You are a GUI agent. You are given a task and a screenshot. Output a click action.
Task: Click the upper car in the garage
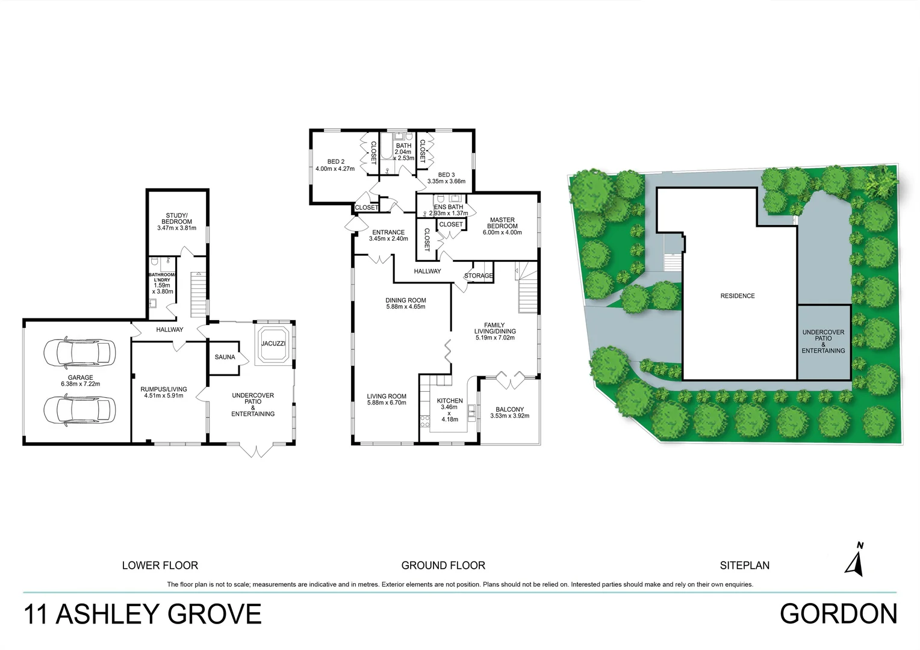[79, 353]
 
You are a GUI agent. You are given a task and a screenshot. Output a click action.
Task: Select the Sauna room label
[225, 357]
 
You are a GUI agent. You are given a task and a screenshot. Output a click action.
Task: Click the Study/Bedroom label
[176, 219]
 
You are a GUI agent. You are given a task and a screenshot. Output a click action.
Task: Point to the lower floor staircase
[199, 294]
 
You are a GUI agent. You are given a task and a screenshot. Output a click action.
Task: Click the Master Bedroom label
[502, 223]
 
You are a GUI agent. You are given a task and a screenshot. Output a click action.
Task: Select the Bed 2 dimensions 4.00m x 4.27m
[335, 169]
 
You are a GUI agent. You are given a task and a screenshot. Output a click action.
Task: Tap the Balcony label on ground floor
[509, 409]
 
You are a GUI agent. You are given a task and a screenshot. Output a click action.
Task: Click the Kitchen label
[450, 401]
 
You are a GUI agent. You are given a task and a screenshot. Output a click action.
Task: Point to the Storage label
[479, 276]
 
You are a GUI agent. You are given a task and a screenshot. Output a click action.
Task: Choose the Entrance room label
[388, 232]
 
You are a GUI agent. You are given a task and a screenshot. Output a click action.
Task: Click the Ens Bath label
[449, 207]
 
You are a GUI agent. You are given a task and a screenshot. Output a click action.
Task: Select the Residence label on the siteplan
[738, 296]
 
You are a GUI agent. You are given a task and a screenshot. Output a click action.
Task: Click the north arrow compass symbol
[856, 559]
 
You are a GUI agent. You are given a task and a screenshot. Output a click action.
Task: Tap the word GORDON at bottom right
[838, 614]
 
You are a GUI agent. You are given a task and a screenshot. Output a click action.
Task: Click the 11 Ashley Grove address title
[143, 614]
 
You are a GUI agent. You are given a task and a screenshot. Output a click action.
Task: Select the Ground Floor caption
[443, 566]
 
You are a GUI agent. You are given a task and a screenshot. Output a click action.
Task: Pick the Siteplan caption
[745, 566]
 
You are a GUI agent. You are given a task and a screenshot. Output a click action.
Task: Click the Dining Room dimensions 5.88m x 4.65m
[406, 307]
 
